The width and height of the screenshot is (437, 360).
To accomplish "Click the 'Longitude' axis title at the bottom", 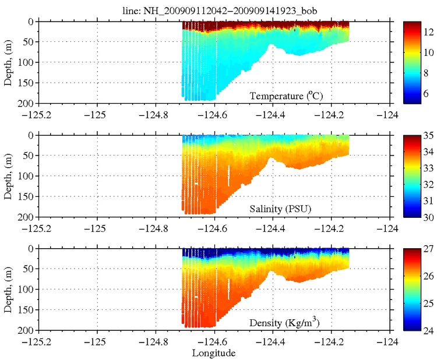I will (214, 352).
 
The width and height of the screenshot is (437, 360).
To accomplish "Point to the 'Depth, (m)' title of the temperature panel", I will (8, 62).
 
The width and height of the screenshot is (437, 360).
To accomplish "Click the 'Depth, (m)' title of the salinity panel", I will (8, 176).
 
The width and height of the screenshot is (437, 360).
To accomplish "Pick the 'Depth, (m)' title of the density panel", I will (8, 289).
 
